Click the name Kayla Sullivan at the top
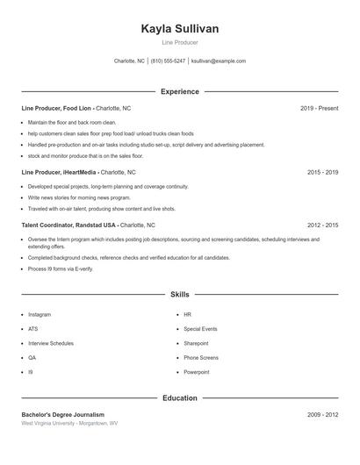point(180,29)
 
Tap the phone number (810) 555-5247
point(168,61)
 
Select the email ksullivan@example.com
point(219,61)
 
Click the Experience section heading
point(180,91)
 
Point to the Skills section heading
point(180,295)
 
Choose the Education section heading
point(180,398)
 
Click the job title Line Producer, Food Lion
point(56,108)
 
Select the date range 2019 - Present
point(319,108)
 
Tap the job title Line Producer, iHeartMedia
point(60,173)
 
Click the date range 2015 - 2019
point(322,173)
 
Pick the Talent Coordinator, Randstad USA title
point(68,225)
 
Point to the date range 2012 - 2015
point(322,225)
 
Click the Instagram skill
point(40,314)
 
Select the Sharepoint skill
point(196,343)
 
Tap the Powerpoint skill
point(197,372)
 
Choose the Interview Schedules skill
point(51,343)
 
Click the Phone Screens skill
point(201,358)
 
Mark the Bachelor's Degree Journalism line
point(62,414)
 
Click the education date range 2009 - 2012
point(322,414)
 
